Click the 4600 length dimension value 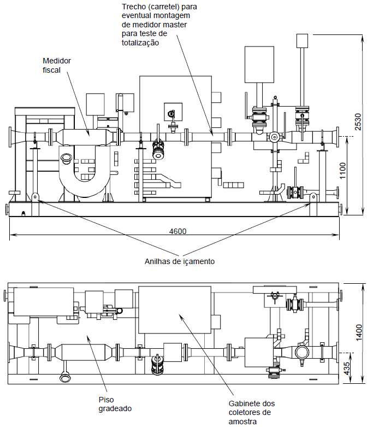(177, 231)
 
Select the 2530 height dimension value (358, 122)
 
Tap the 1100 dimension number (343, 171)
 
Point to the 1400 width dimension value (359, 332)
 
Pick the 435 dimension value (347, 368)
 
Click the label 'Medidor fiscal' (57, 66)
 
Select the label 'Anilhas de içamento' (180, 261)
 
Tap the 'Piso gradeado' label (115, 404)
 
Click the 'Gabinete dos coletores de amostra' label (252, 412)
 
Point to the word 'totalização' (140, 43)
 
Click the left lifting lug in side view (35, 196)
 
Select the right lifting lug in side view (313, 196)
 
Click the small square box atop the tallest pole (302, 40)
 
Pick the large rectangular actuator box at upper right (259, 65)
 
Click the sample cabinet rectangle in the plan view (175, 310)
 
